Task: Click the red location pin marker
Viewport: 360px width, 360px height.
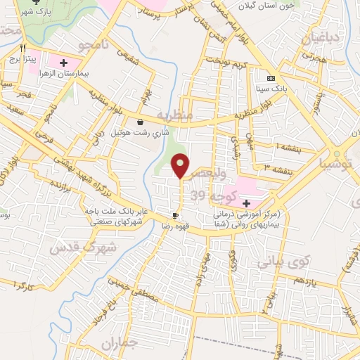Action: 181,166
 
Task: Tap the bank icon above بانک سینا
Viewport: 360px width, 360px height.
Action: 271,78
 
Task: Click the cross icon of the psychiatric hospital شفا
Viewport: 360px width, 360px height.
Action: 245,202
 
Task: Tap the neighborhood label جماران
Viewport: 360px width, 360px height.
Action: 117,345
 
